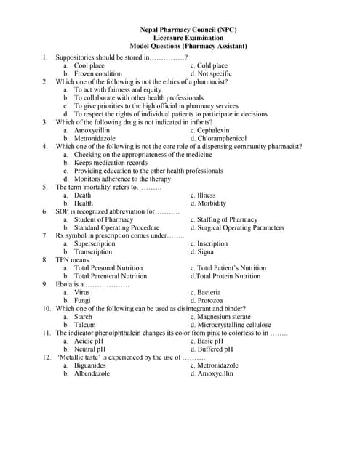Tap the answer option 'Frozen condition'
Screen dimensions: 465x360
98,74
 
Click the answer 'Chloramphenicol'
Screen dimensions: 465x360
222,138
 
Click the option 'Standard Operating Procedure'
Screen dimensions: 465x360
116,227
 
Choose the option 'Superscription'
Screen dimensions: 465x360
95,244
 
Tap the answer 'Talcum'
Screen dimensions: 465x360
85,325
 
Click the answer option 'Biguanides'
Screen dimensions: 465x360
91,365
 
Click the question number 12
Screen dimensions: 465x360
46,357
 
